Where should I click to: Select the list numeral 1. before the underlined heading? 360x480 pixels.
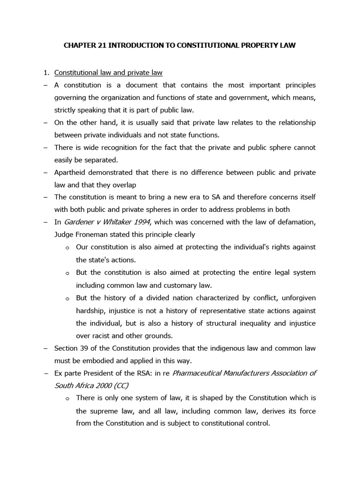[46, 73]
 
